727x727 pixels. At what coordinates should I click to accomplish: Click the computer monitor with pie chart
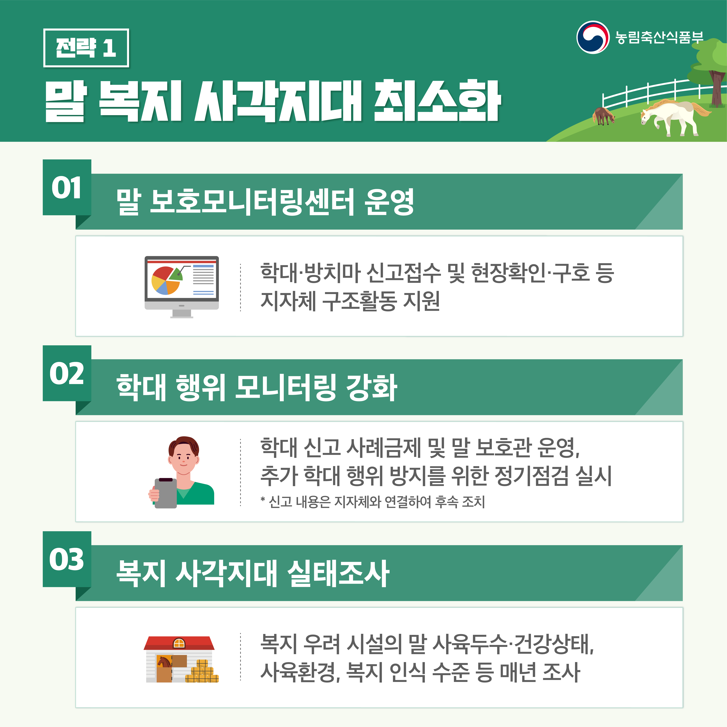pyautogui.click(x=182, y=287)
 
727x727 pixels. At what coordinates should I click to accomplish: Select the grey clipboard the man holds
pyautogui.click(x=166, y=493)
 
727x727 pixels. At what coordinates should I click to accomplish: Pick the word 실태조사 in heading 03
pyautogui.click(x=338, y=573)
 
